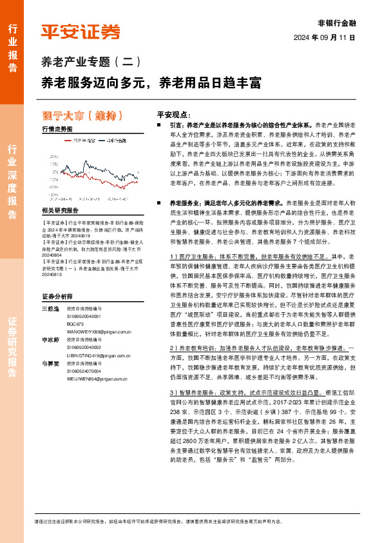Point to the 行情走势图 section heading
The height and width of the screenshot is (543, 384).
pos(57,129)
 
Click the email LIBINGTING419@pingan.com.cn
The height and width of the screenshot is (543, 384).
pos(99,354)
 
